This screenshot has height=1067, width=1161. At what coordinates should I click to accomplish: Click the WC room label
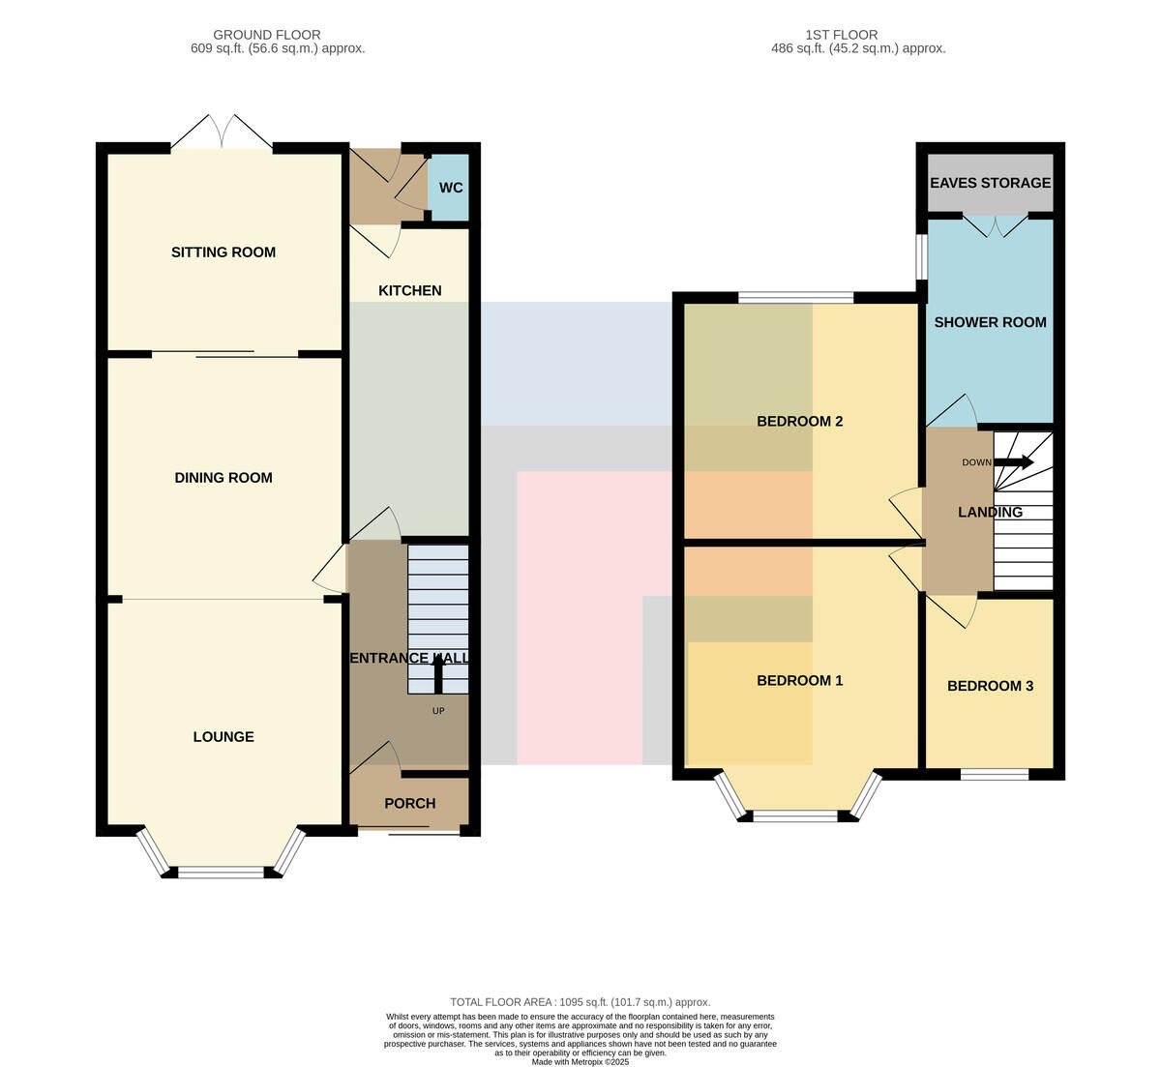pos(450,188)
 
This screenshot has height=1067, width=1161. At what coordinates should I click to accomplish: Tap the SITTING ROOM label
pos(223,252)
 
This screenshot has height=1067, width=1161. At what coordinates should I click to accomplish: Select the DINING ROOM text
pos(223,478)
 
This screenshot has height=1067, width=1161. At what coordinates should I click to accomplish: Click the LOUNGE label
pos(223,736)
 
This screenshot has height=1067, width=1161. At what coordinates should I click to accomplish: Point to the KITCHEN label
pos(410,290)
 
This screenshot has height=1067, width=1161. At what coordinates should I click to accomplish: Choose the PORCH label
pos(410,803)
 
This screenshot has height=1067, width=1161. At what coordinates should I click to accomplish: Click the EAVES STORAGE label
pos(991,183)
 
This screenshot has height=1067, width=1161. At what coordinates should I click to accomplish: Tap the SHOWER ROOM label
pos(991,322)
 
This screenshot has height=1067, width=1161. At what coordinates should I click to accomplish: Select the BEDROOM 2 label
pos(799,422)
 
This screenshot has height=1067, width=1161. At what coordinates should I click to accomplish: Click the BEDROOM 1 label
pos(799,680)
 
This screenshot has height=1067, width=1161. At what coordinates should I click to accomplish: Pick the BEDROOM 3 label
pos(991,686)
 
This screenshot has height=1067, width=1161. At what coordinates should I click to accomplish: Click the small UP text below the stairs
pos(438,711)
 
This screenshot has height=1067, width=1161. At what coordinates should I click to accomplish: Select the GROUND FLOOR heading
pos(267,35)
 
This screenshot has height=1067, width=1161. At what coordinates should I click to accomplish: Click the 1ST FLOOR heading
pos(842,35)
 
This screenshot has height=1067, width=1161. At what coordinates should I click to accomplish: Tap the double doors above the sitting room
pos(222,132)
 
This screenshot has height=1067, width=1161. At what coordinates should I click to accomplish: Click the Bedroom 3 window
pos(995,774)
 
